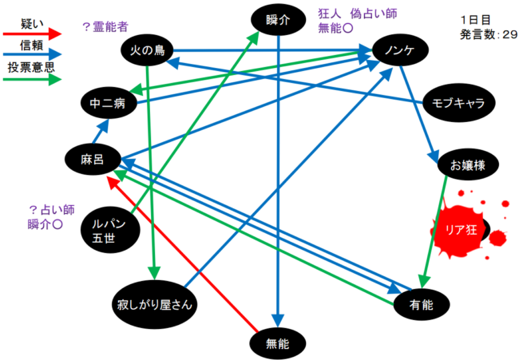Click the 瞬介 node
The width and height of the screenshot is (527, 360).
[278, 20]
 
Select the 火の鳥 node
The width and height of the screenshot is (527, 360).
[148, 51]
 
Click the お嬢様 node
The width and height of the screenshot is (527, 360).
[468, 165]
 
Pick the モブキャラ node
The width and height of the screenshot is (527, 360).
[458, 102]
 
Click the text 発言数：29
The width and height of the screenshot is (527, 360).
[488, 35]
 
